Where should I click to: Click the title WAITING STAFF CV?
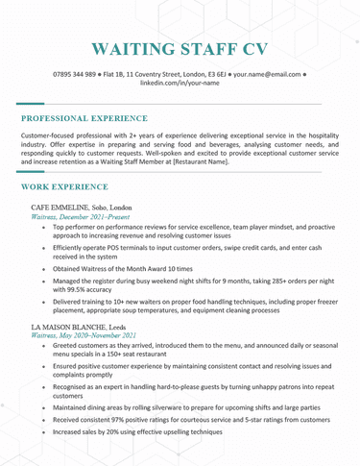coord(180,49)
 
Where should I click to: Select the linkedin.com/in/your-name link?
coord(180,84)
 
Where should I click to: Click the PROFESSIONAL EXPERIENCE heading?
coord(84,118)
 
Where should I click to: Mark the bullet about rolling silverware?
coord(182,407)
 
